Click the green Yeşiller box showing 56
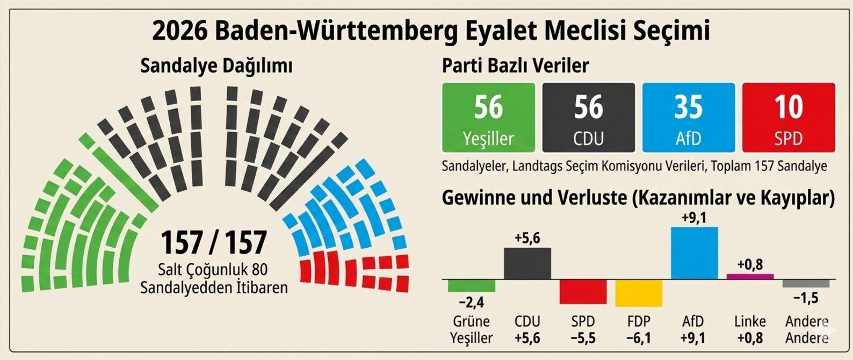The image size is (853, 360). pos(488,118)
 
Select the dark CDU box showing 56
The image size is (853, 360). pos(589,118)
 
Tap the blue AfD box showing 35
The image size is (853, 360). pos(689,118)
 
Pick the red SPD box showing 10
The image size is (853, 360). pos(789,118)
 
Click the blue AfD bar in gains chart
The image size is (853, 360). pos(694,253)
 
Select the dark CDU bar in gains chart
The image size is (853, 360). pos(527,263)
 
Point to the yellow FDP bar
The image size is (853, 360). pos(638,293)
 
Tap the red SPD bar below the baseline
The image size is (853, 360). pos(583,292)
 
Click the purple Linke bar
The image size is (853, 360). pos(750,276)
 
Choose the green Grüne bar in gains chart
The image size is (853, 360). pos(471,285)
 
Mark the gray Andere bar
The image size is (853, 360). pos(806,283)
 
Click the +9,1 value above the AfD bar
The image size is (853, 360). pos(694,218)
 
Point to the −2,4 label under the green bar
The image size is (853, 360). pos(471,303)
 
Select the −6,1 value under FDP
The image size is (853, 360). pos(638,338)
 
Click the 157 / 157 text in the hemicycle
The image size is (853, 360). pos(214,242)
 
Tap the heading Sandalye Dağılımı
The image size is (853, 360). pos(216,66)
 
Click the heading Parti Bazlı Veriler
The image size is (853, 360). pos(515,66)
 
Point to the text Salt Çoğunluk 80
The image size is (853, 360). pos(213,269)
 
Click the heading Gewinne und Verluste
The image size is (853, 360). pos(533,198)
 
